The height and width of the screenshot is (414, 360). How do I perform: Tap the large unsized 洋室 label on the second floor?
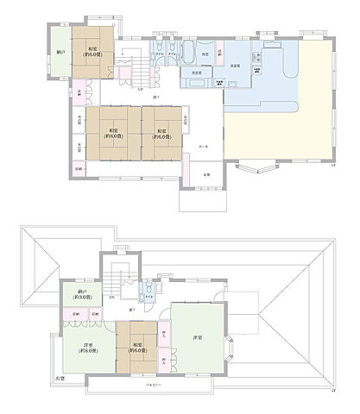(197, 336)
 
